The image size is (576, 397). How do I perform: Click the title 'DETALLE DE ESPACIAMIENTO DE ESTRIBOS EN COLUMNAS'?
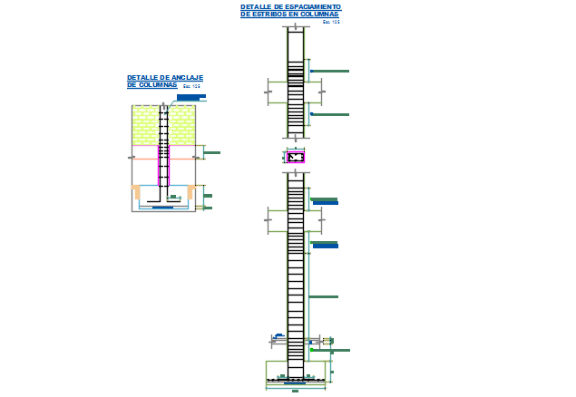(290, 11)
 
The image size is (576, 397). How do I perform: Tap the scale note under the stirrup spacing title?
(335, 22)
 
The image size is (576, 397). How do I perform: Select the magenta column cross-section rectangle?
(296, 157)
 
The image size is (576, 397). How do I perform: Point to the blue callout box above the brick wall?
(191, 97)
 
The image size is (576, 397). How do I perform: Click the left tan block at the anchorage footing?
(137, 191)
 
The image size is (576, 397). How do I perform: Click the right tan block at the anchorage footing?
(190, 191)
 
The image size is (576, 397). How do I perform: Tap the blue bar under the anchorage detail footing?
(163, 208)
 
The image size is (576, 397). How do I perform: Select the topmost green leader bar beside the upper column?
(329, 71)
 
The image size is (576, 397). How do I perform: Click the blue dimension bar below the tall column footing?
(295, 392)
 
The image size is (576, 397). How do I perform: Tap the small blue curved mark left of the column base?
(275, 341)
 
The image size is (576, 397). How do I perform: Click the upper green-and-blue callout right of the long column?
(325, 200)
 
